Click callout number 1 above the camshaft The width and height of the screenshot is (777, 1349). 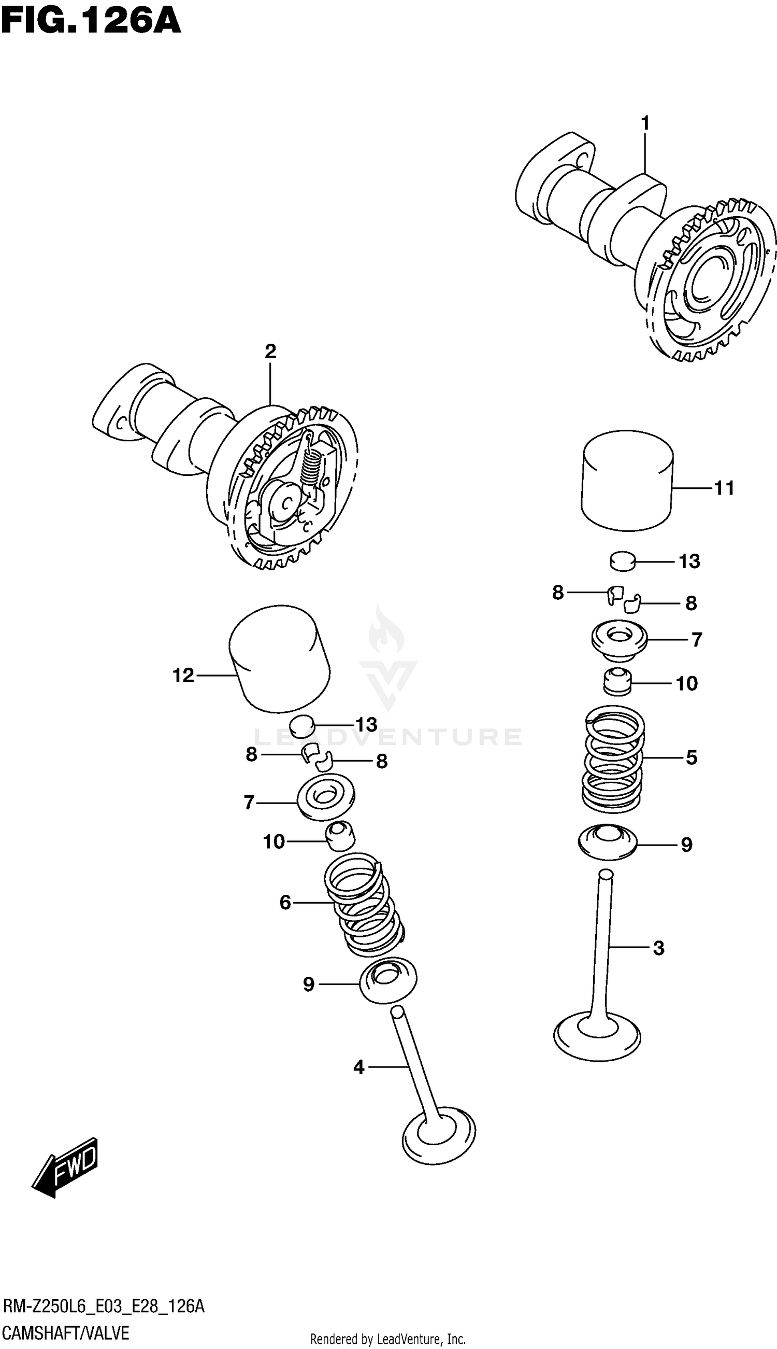[645, 123]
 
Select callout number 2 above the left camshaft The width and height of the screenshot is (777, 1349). [270, 352]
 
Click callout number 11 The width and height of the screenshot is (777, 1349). [724, 488]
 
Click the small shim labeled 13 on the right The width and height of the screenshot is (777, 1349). [623, 561]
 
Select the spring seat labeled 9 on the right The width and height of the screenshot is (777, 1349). [607, 844]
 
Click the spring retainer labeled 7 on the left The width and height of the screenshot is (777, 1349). [325, 797]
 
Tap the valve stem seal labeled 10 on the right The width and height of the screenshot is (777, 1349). [617, 681]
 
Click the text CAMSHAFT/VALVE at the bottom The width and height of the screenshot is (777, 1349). [66, 1333]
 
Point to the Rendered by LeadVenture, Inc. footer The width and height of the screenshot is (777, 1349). [388, 1339]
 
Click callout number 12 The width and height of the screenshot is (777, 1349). [183, 676]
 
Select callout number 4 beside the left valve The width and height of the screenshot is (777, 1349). [358, 1067]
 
